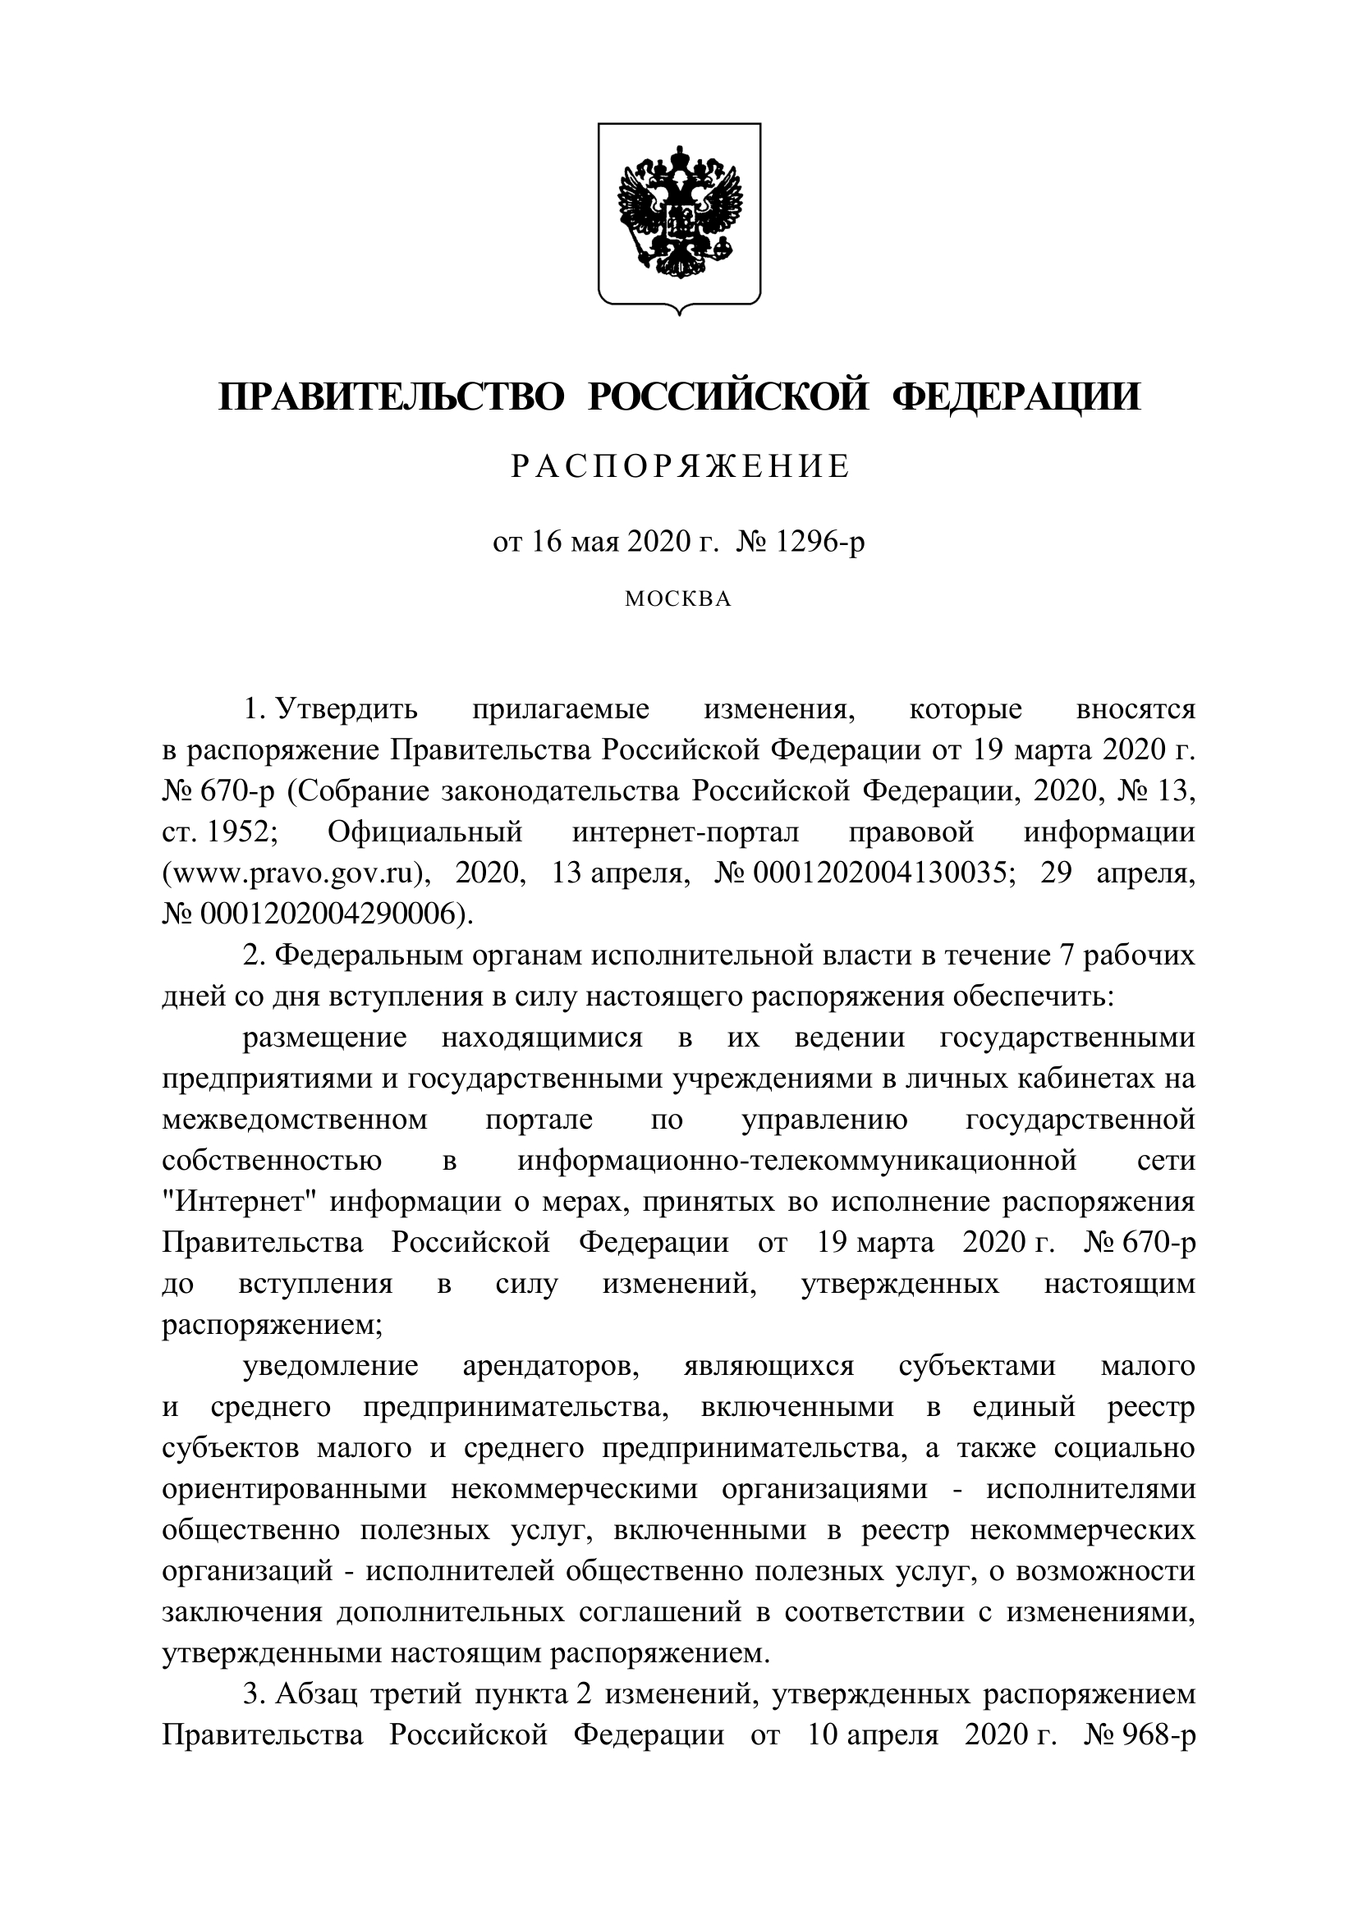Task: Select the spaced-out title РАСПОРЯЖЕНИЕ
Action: click(680, 466)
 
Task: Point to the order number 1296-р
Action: click(820, 543)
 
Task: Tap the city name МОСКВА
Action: click(679, 599)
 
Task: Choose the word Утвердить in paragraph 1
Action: click(347, 710)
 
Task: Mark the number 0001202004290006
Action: click(328, 914)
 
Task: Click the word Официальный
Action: click(424, 832)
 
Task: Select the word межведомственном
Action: click(295, 1120)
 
